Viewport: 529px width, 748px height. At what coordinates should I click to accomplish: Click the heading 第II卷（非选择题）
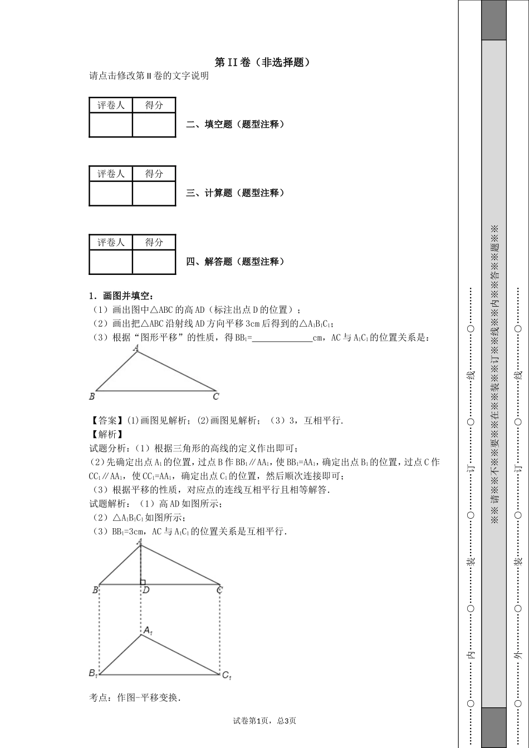[x=262, y=62]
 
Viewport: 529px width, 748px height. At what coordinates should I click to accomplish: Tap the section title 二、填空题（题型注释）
[x=235, y=124]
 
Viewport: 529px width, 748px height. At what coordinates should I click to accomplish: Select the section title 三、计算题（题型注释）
[x=235, y=193]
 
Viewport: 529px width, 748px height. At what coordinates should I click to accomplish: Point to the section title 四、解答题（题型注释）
[x=235, y=261]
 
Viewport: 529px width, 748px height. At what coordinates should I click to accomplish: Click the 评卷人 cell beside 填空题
[x=111, y=105]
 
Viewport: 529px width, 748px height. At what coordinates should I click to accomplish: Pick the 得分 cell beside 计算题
[x=154, y=174]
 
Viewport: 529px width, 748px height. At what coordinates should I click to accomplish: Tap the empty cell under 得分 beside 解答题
[x=154, y=262]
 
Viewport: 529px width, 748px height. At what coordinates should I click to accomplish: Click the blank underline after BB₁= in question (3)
[x=282, y=337]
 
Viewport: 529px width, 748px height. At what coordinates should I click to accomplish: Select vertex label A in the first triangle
[x=136, y=348]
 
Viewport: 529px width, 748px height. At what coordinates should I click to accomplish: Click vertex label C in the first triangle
[x=216, y=396]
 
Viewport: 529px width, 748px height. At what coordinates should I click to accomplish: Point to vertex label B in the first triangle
[x=92, y=396]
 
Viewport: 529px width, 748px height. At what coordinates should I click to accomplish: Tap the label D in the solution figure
[x=146, y=590]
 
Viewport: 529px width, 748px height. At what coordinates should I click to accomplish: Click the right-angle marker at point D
[x=143, y=582]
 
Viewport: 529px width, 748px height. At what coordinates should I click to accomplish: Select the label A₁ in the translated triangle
[x=148, y=631]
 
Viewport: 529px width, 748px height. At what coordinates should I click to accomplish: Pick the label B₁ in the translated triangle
[x=93, y=673]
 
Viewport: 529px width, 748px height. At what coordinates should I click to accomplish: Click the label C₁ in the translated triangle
[x=226, y=675]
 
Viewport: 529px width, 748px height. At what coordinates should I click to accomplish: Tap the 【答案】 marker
[x=101, y=420]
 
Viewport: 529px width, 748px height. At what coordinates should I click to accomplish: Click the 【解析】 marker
[x=101, y=434]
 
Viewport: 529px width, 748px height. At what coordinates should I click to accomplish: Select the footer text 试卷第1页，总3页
[x=264, y=721]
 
